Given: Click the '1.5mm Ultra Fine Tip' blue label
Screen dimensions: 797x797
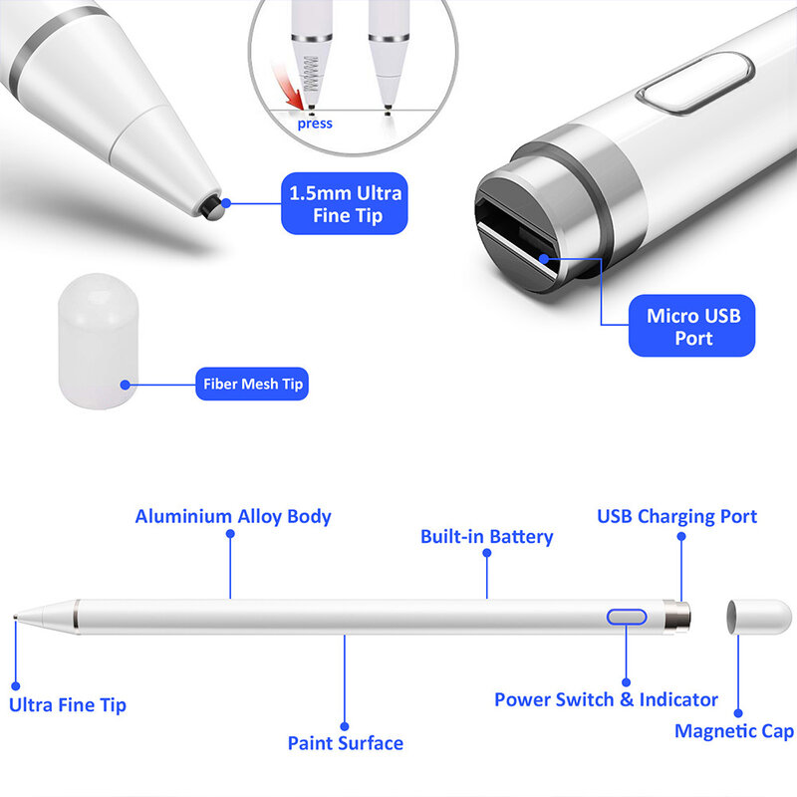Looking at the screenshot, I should (345, 203).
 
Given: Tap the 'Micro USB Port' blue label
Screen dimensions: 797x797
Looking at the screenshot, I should (692, 327).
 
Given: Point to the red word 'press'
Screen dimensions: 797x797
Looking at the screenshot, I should (315, 124).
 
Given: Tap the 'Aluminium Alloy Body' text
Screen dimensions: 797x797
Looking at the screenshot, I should (233, 516).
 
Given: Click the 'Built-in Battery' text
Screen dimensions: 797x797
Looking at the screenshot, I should (486, 536).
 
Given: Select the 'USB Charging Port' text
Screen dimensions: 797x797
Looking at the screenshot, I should (676, 516).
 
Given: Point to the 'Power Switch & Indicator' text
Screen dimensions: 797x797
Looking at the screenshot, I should (606, 699).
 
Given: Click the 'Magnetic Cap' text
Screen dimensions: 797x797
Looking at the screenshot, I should (734, 731).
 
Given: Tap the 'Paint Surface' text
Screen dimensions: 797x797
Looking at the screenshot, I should (345, 742).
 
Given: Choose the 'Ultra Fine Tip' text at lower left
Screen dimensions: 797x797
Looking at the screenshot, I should (68, 704).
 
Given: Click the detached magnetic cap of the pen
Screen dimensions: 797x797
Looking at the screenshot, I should (759, 617).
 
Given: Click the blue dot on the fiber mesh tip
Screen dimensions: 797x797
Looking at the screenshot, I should (126, 384).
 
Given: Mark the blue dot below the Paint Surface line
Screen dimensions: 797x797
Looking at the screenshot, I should (345, 726).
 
